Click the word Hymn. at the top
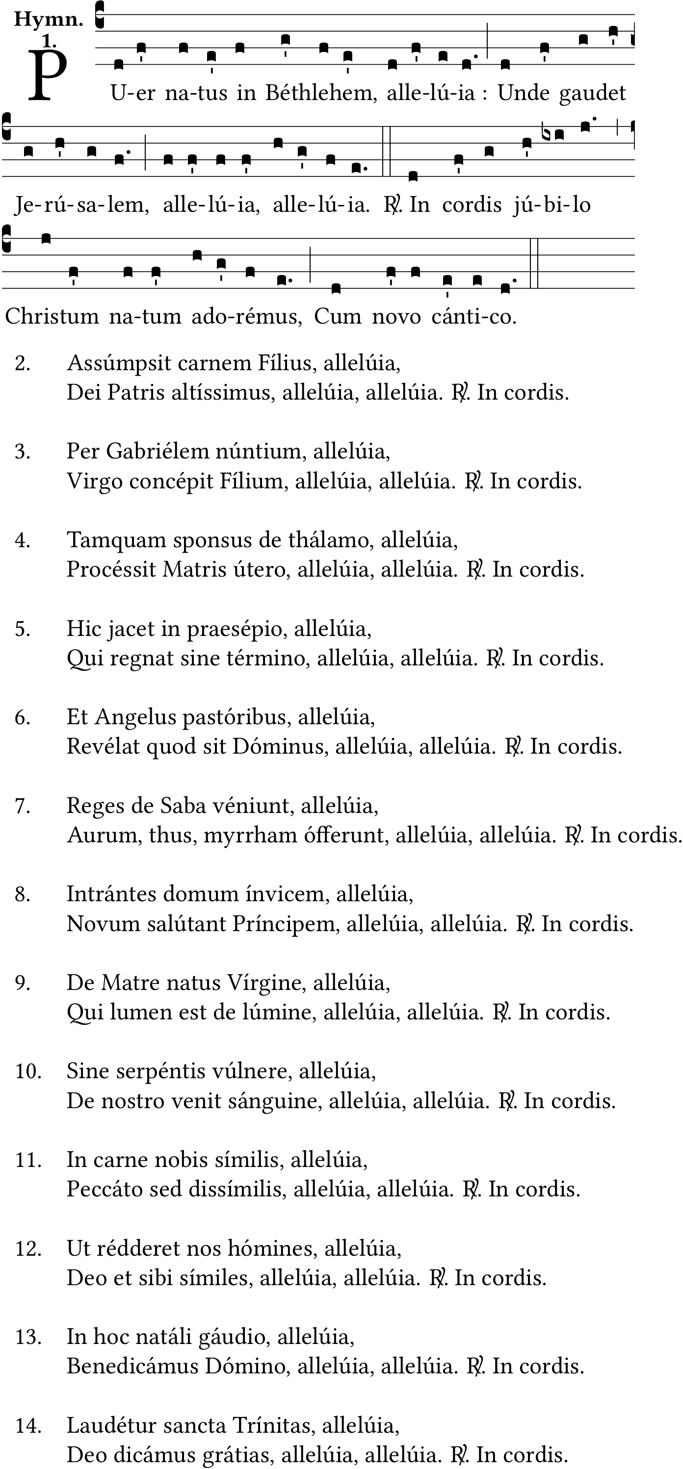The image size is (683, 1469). pyautogui.click(x=49, y=20)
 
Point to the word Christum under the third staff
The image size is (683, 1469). pyautogui.click(x=52, y=316)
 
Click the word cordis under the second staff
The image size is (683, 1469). pyautogui.click(x=472, y=204)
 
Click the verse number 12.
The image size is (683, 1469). pyautogui.click(x=28, y=1248)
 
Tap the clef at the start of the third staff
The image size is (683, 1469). pyautogui.click(x=7, y=238)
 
